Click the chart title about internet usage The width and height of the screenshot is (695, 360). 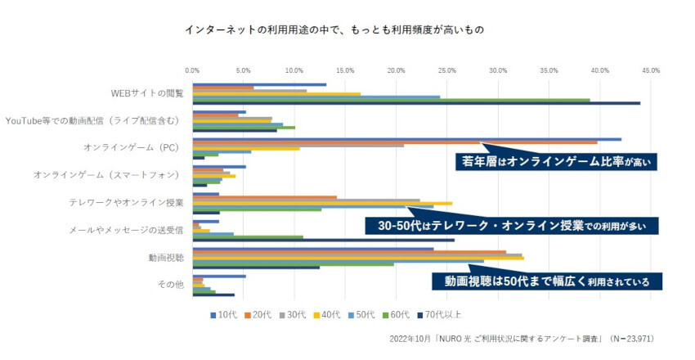click(x=334, y=29)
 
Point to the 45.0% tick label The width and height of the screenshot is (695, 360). click(x=650, y=71)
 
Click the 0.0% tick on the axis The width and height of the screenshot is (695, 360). click(x=193, y=71)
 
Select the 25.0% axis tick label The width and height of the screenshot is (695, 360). click(x=447, y=71)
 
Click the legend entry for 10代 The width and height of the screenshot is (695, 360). click(x=226, y=313)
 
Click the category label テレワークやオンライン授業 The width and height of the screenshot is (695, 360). click(x=126, y=202)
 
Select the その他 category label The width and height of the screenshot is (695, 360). click(x=170, y=285)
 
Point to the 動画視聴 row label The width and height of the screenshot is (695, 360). click(x=166, y=257)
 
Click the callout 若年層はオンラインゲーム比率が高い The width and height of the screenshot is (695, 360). click(x=557, y=161)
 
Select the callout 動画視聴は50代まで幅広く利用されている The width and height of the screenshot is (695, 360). click(x=546, y=281)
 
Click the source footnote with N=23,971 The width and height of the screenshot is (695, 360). click(x=522, y=338)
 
